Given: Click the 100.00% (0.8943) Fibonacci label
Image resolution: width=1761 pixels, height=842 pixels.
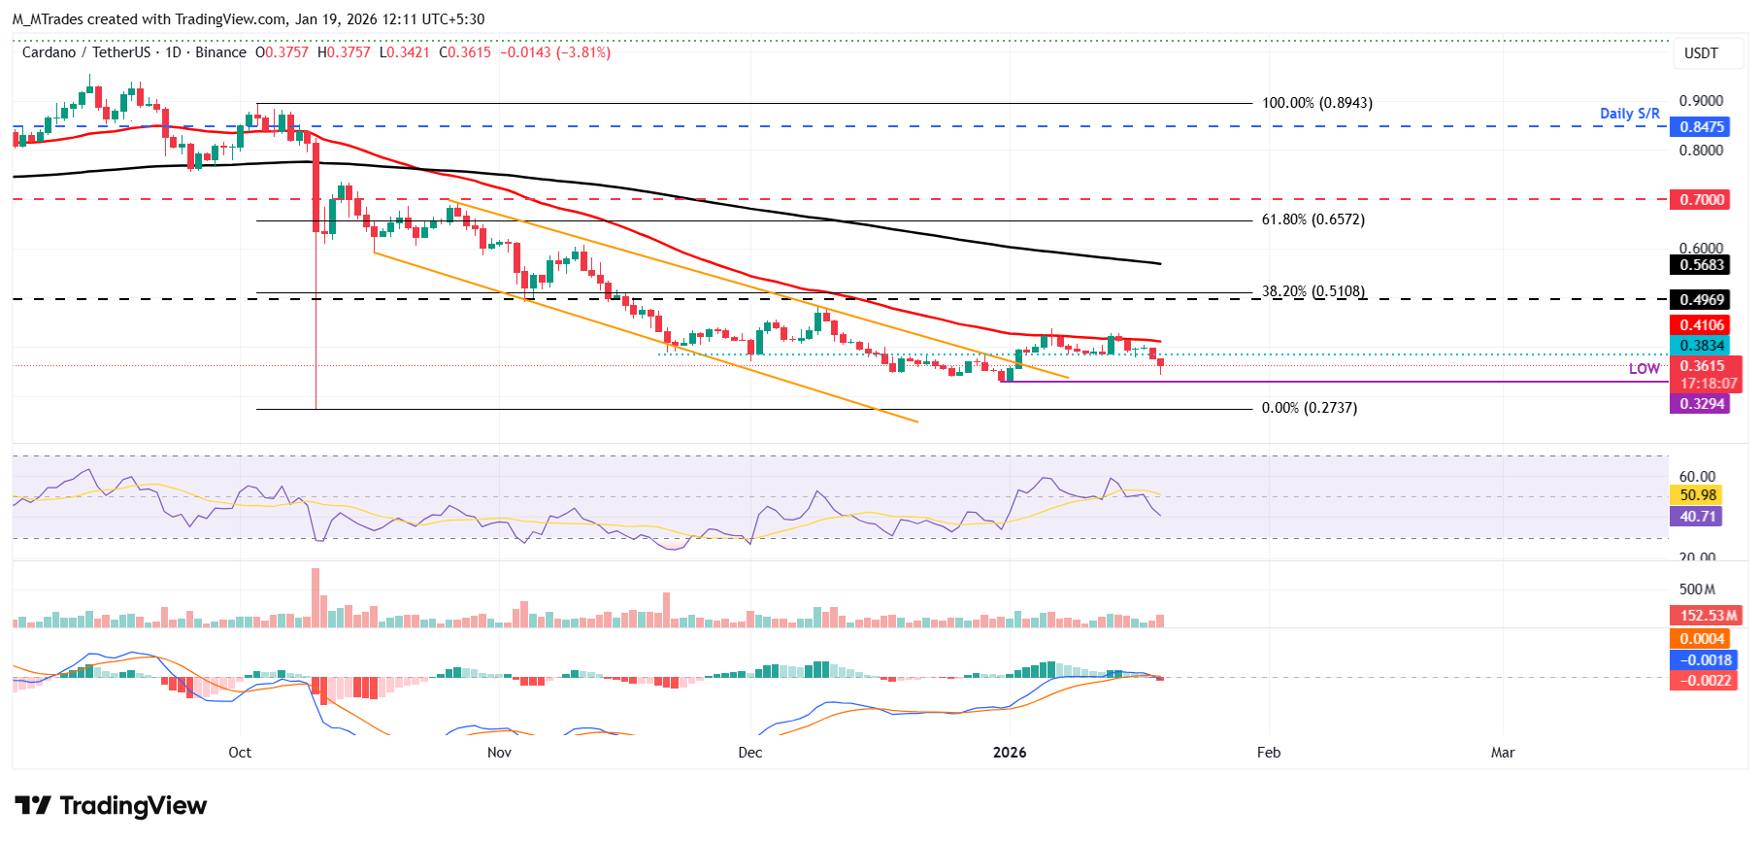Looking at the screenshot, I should [1316, 103].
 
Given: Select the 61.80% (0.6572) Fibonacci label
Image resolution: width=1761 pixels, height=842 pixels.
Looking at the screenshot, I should [1312, 220].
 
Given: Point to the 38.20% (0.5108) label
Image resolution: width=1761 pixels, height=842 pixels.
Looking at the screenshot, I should [1312, 291].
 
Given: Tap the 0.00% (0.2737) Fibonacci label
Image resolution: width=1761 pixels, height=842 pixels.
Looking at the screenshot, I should [1309, 408].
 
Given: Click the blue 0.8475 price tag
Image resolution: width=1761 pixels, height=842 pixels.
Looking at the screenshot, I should [1702, 127].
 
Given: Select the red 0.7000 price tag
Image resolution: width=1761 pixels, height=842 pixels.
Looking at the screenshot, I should [1702, 200].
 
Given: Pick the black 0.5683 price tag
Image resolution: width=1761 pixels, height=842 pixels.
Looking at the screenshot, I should [1702, 265].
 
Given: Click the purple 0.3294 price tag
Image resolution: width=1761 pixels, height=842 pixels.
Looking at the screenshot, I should [1702, 404].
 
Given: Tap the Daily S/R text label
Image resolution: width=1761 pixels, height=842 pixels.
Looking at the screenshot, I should [1629, 114].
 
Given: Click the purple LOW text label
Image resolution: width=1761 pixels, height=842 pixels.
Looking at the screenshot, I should [1644, 369].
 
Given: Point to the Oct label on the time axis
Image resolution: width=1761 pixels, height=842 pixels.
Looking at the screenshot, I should [240, 753].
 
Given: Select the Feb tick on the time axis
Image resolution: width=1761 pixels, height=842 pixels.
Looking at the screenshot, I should [1268, 753].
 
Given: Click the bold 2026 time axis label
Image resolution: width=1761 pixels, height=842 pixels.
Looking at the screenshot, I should [1010, 753].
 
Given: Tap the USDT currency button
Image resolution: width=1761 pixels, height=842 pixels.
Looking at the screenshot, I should [1700, 53].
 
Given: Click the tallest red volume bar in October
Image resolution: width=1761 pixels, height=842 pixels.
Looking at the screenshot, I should [315, 597].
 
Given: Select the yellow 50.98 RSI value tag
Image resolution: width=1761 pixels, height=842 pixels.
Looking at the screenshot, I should [1698, 495].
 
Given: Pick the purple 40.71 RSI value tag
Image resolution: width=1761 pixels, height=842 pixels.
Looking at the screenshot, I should [1698, 517].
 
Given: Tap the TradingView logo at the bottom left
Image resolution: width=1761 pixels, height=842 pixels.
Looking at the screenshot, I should [111, 806].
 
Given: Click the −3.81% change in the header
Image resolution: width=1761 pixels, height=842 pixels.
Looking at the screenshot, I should [583, 52].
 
